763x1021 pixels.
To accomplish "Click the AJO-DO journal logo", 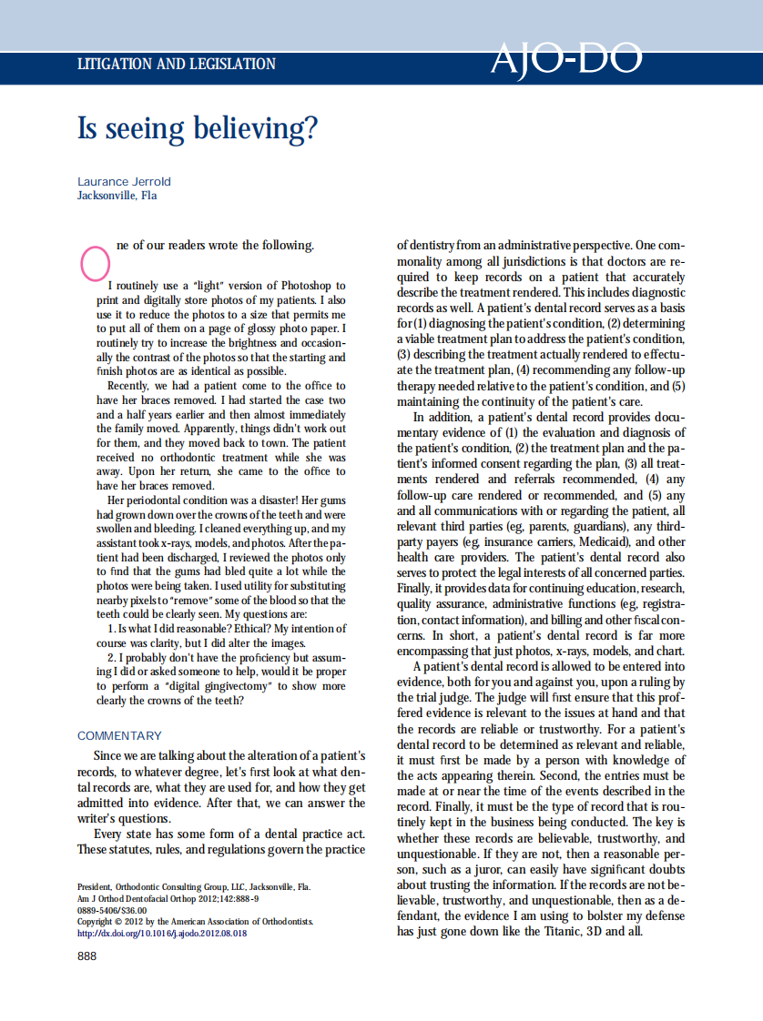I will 565,60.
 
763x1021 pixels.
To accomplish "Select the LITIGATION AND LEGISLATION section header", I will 177,65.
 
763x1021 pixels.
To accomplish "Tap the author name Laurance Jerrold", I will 124,181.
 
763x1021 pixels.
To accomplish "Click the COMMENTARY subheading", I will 119,735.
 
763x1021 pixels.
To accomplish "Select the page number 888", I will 86,955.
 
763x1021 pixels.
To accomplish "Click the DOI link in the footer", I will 162,933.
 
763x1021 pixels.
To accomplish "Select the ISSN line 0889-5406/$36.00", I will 112,909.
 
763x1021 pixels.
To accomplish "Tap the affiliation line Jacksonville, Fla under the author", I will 117,195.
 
